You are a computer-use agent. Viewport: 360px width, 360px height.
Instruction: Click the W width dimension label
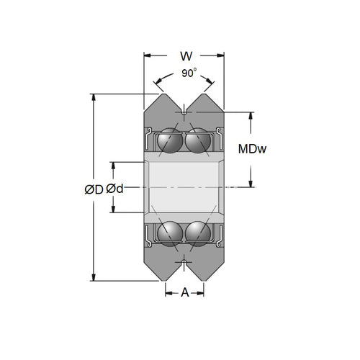pyautogui.click(x=184, y=55)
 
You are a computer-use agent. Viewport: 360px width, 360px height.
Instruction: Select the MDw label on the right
pyautogui.click(x=253, y=149)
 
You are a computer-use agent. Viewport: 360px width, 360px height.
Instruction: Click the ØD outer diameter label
pyautogui.click(x=94, y=189)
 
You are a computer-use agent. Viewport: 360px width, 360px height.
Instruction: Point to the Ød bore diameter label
pyautogui.click(x=115, y=189)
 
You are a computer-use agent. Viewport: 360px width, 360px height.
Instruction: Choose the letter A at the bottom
pyautogui.click(x=184, y=292)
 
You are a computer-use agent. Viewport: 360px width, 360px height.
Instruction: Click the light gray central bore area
pyautogui.click(x=184, y=186)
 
